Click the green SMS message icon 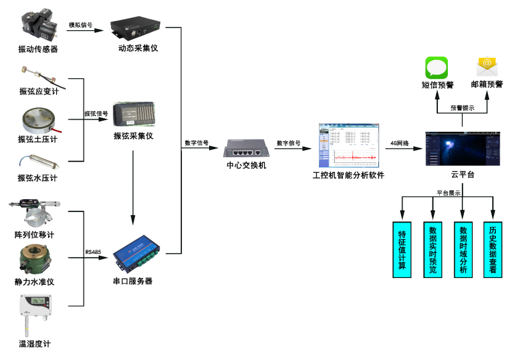pyautogui.click(x=436, y=67)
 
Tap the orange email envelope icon pyautogui.click(x=487, y=66)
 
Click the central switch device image pyautogui.click(x=246, y=148)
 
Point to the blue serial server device pyautogui.click(x=135, y=252)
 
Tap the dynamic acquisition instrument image pyautogui.click(x=135, y=27)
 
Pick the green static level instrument pyautogui.click(x=35, y=258)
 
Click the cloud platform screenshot pyautogui.click(x=463, y=148)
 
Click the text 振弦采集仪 pyautogui.click(x=133, y=136)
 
